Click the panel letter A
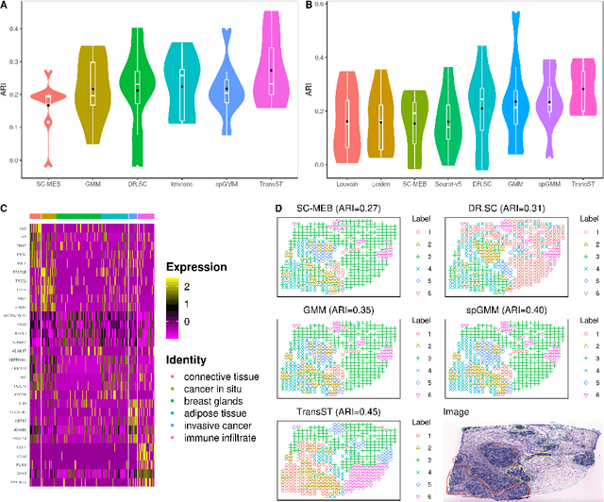[5, 6]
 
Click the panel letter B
[310, 6]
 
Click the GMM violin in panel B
[515, 94]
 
